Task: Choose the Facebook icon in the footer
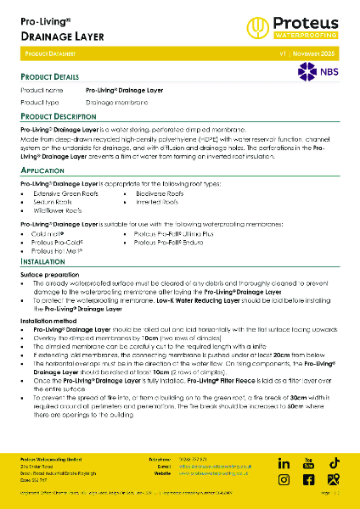pos(309,480)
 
